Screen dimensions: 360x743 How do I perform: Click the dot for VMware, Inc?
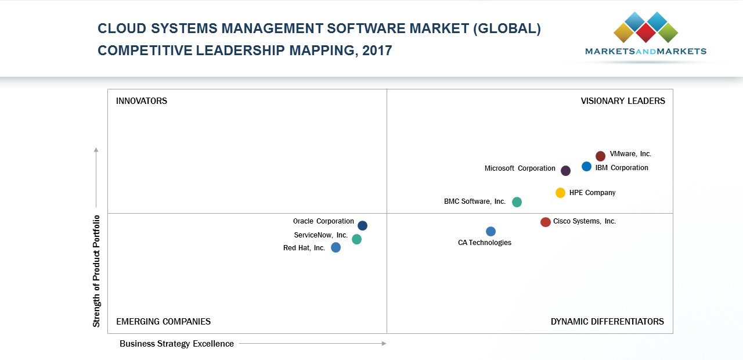[x=600, y=156]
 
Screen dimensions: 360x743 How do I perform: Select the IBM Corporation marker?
[x=586, y=167]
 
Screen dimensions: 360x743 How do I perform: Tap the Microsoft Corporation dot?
[x=565, y=170]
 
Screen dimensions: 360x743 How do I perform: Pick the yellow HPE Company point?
[x=560, y=193]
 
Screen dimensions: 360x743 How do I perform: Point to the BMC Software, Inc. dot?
[x=517, y=202]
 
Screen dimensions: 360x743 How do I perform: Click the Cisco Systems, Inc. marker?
[x=545, y=222]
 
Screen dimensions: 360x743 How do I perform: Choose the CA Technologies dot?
[x=490, y=231]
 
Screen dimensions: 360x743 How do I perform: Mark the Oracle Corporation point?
[x=362, y=225]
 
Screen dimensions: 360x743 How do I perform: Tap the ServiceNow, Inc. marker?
[x=356, y=239]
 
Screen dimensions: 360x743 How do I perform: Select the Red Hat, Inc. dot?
[x=336, y=247]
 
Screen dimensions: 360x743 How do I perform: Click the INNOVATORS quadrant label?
[x=142, y=101]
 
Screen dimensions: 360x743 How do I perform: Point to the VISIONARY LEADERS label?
[x=623, y=101]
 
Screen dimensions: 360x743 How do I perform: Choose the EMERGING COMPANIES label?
[x=163, y=322]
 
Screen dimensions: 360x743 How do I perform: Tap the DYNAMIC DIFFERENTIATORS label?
[x=607, y=322]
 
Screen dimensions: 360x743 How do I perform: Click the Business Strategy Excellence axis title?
[x=176, y=344]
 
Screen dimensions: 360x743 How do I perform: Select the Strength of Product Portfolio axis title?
[x=96, y=271]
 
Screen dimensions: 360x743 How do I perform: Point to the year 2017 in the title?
[x=377, y=51]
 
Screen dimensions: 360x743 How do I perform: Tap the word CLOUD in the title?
[x=118, y=29]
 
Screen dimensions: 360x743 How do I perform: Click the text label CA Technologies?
[x=485, y=243]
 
